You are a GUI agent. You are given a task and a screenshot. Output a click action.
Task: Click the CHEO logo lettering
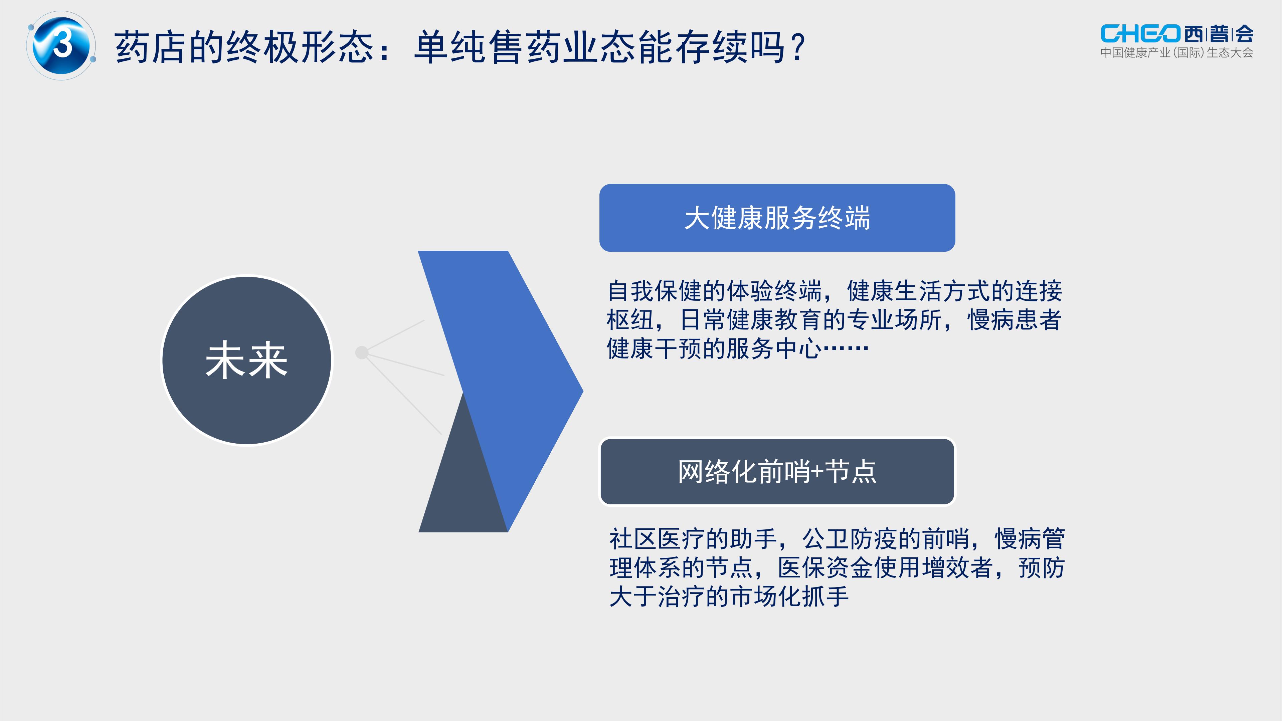click(x=1140, y=34)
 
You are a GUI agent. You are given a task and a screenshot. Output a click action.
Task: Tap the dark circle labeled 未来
click(x=247, y=360)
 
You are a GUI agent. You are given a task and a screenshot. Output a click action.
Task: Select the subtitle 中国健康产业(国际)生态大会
click(x=1176, y=53)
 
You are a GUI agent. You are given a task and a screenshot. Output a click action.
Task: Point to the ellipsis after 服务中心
click(x=846, y=348)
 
